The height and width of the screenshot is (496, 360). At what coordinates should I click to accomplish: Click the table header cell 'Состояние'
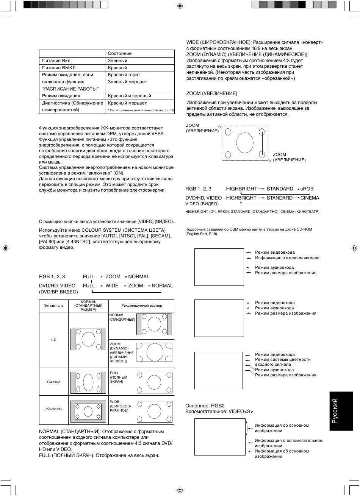120,53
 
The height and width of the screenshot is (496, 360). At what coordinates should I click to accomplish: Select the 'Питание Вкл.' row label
57,61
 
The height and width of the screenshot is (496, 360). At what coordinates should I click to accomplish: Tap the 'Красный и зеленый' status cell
129,96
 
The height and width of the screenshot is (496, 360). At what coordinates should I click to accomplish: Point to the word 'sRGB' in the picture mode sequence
307,189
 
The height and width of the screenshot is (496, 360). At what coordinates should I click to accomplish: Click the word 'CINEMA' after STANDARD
310,198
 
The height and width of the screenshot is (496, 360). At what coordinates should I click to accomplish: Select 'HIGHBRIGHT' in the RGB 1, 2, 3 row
241,189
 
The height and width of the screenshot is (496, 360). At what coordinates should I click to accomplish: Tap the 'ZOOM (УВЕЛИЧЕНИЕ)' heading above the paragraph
211,93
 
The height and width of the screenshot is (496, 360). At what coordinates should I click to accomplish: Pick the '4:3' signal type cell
53,340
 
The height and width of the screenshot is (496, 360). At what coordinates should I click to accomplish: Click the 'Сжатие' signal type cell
53,382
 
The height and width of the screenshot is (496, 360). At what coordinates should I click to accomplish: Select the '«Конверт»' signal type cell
53,409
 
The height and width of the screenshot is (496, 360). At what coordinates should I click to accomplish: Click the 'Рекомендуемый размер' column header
141,306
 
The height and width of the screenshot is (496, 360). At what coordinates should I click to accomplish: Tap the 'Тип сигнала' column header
53,306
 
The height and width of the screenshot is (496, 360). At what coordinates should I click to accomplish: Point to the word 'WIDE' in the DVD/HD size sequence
112,285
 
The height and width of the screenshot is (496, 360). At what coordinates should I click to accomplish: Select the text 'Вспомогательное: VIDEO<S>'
219,411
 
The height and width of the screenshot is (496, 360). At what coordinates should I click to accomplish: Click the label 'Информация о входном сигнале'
287,257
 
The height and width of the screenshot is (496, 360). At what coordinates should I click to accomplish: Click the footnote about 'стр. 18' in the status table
141,111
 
